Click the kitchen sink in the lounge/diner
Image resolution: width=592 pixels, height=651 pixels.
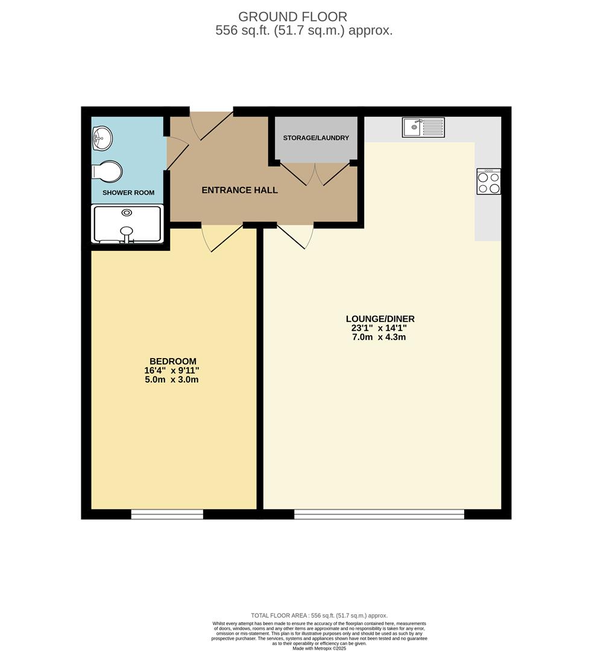(x=423, y=127)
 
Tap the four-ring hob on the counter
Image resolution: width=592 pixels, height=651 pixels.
(x=488, y=181)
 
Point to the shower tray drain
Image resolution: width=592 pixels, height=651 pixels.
(x=127, y=213)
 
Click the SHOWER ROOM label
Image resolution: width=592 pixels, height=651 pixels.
(x=128, y=193)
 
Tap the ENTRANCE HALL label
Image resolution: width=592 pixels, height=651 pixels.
(x=239, y=190)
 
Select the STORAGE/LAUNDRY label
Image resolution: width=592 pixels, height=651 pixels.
(x=316, y=138)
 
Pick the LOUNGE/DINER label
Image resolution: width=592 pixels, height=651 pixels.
(x=380, y=319)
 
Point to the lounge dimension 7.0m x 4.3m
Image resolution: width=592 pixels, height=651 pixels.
(x=380, y=337)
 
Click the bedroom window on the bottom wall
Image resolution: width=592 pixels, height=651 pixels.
(x=167, y=514)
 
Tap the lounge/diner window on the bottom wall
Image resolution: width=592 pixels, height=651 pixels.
(x=379, y=514)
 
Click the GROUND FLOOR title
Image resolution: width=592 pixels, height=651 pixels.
(x=293, y=17)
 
